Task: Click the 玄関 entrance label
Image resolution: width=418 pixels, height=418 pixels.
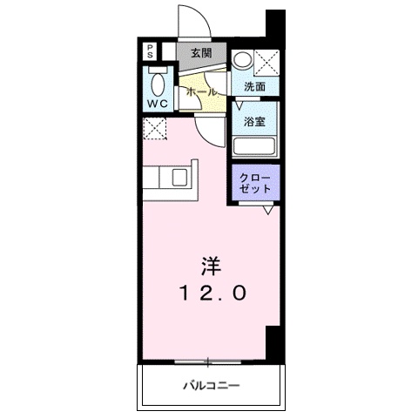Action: (x=201, y=52)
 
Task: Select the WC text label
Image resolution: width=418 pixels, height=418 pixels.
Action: (x=157, y=104)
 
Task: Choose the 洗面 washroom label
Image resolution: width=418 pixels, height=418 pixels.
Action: (x=255, y=87)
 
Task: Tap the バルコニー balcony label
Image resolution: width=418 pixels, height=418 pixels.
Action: (x=210, y=384)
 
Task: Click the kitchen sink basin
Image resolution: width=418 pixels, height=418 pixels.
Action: (x=180, y=178)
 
